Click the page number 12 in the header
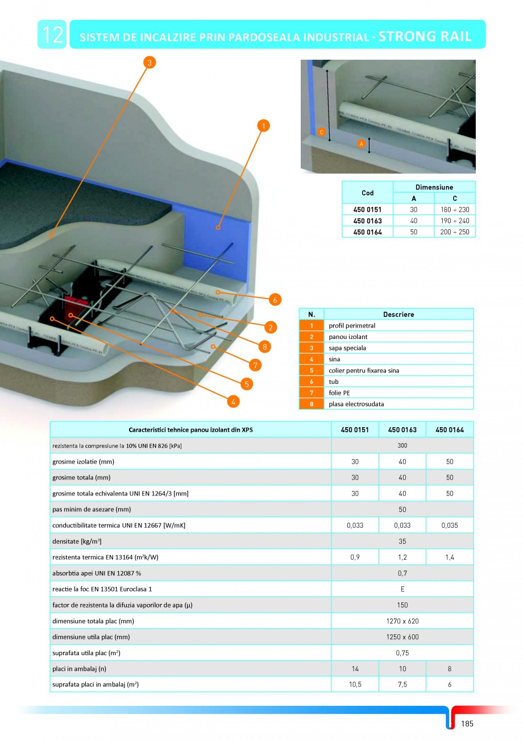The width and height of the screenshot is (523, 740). [52, 35]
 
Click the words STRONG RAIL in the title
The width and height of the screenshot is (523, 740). [425, 36]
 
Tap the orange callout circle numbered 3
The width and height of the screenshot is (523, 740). [149, 63]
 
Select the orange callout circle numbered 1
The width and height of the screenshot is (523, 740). [263, 125]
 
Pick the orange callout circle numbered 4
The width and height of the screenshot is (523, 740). [233, 402]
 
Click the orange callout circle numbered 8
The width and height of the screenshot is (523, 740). [263, 346]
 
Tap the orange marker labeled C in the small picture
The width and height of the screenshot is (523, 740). [321, 132]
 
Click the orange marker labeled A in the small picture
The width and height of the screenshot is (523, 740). [361, 144]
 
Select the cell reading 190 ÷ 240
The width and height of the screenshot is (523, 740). [454, 221]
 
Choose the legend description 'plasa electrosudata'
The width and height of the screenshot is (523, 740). [351, 404]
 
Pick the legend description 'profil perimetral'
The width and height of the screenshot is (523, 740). [352, 325]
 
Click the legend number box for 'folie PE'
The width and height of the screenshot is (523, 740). [312, 392]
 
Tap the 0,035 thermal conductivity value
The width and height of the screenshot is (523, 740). [449, 526]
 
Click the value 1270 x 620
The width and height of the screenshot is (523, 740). [402, 621]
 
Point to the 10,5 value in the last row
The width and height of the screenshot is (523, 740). [355, 685]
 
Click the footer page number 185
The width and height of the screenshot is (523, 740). [467, 724]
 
